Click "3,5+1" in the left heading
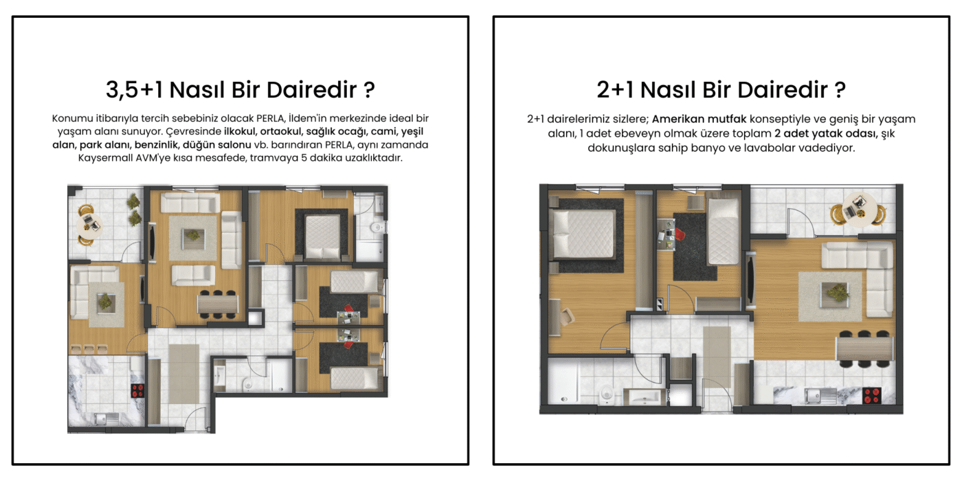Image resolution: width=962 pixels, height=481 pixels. tap(135, 90)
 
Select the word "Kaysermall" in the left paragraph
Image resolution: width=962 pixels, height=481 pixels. tap(105, 158)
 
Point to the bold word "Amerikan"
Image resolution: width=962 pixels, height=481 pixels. tap(679, 119)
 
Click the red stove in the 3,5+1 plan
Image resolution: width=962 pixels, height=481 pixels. tap(137, 390)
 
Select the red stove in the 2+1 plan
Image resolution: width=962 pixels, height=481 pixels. tap(872, 396)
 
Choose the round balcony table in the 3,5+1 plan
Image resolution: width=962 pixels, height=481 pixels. tap(89, 224)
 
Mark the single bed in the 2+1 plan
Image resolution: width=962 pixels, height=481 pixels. tap(723, 232)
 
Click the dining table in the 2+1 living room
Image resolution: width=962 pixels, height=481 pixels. tap(864, 349)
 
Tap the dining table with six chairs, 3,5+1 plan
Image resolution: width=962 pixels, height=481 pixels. tap(218, 304)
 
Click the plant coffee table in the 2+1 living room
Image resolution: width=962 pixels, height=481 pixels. tap(835, 293)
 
